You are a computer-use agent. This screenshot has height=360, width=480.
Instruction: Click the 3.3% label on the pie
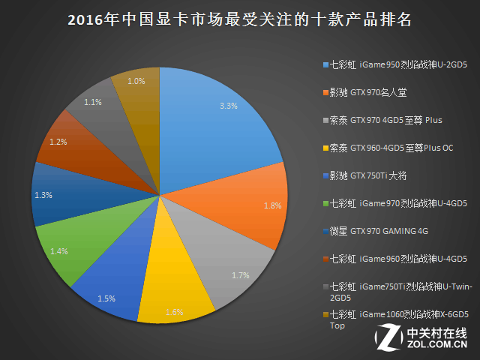229,106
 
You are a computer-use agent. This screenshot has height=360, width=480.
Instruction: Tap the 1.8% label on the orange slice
273,205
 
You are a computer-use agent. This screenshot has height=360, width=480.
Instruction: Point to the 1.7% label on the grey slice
241,275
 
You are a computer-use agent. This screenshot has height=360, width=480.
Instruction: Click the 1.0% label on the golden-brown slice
136,81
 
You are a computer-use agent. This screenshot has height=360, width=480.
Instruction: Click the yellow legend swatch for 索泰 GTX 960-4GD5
326,148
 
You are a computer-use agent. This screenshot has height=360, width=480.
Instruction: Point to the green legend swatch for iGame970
326,203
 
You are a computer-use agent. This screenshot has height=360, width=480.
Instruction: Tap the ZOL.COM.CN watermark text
436,343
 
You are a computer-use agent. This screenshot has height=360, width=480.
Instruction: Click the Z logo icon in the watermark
389,338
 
